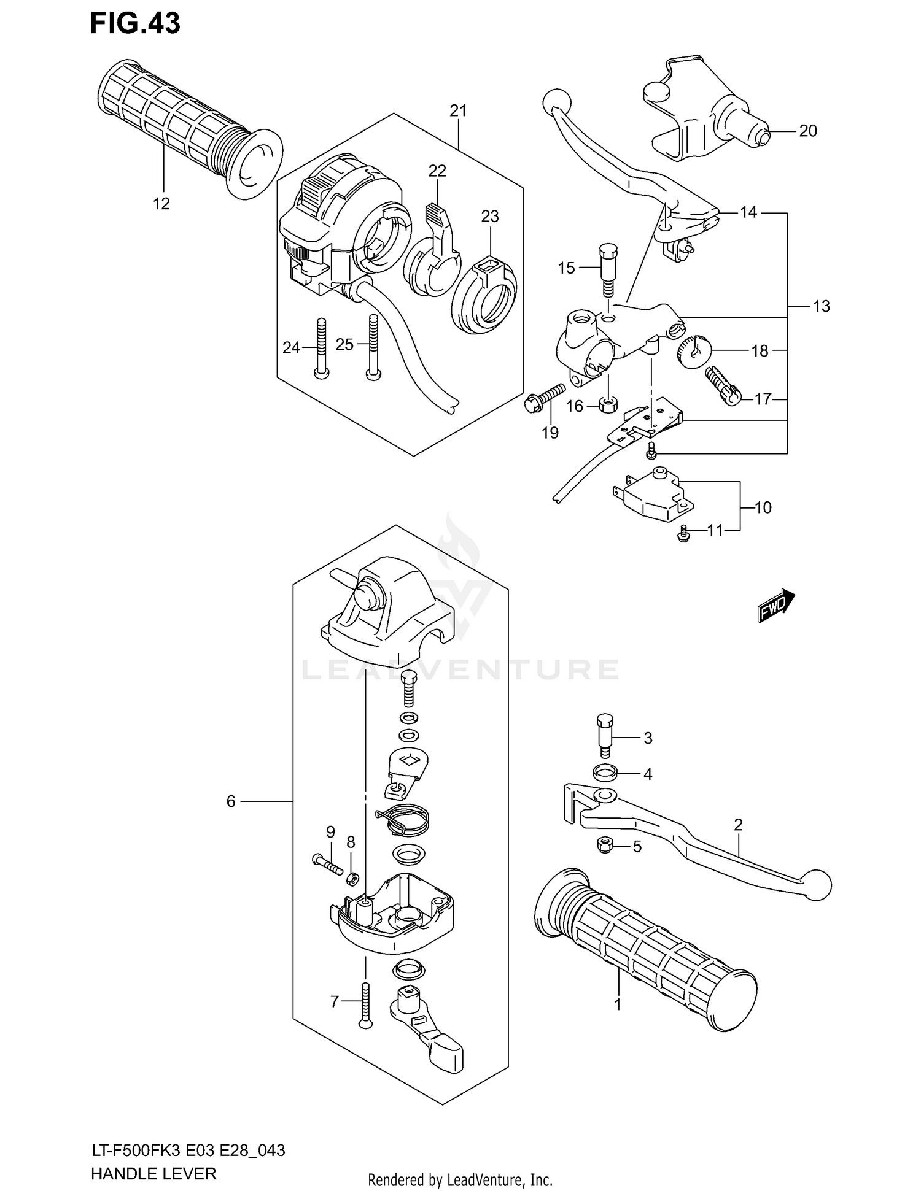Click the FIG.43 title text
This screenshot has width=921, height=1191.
[x=135, y=23]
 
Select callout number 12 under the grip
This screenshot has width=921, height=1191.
[x=161, y=204]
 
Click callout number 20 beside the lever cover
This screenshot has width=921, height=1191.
[x=808, y=131]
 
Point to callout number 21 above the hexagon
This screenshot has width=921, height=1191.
[x=458, y=111]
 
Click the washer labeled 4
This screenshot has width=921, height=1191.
[x=605, y=771]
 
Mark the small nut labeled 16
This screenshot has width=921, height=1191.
[x=607, y=405]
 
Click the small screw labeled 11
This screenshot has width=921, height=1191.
[x=682, y=535]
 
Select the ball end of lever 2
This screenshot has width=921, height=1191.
[x=817, y=885]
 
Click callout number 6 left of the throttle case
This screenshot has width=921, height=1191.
[x=231, y=801]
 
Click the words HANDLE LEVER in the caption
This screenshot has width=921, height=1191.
[x=153, y=1173]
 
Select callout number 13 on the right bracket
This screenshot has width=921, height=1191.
[x=821, y=306]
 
